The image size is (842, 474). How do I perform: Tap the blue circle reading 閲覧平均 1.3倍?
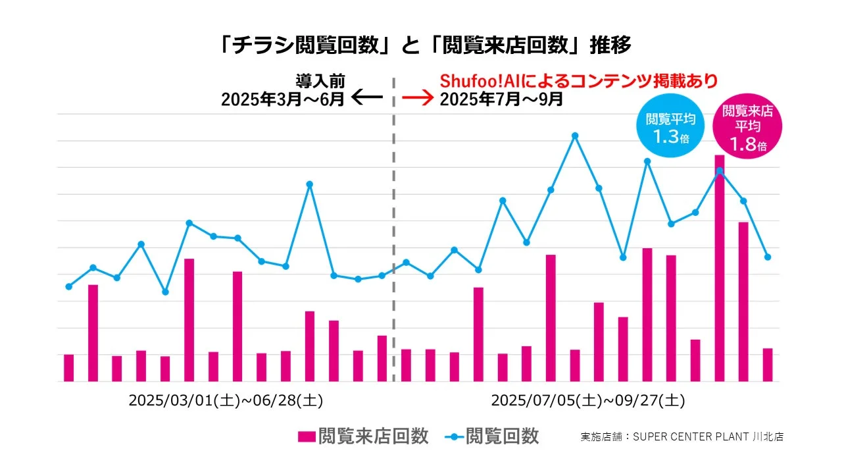(671, 128)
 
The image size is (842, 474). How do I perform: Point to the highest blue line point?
(575, 136)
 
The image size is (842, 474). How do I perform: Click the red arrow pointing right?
(418, 99)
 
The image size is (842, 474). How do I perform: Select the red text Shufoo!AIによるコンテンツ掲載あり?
(578, 82)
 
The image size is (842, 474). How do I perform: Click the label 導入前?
(320, 82)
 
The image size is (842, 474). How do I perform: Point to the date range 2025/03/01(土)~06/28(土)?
(226, 400)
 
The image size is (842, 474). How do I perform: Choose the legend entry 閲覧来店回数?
(363, 436)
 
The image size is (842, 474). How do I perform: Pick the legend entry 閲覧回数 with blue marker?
(492, 436)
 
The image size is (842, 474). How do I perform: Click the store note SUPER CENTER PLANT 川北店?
(682, 436)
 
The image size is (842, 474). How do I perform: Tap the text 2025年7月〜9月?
(501, 99)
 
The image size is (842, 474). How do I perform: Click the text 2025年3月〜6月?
(283, 99)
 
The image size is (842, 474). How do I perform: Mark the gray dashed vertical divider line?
(394, 230)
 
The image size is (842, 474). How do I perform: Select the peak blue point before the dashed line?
(310, 184)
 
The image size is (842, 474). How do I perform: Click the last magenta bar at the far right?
(768, 365)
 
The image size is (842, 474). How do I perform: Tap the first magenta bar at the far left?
(69, 368)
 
